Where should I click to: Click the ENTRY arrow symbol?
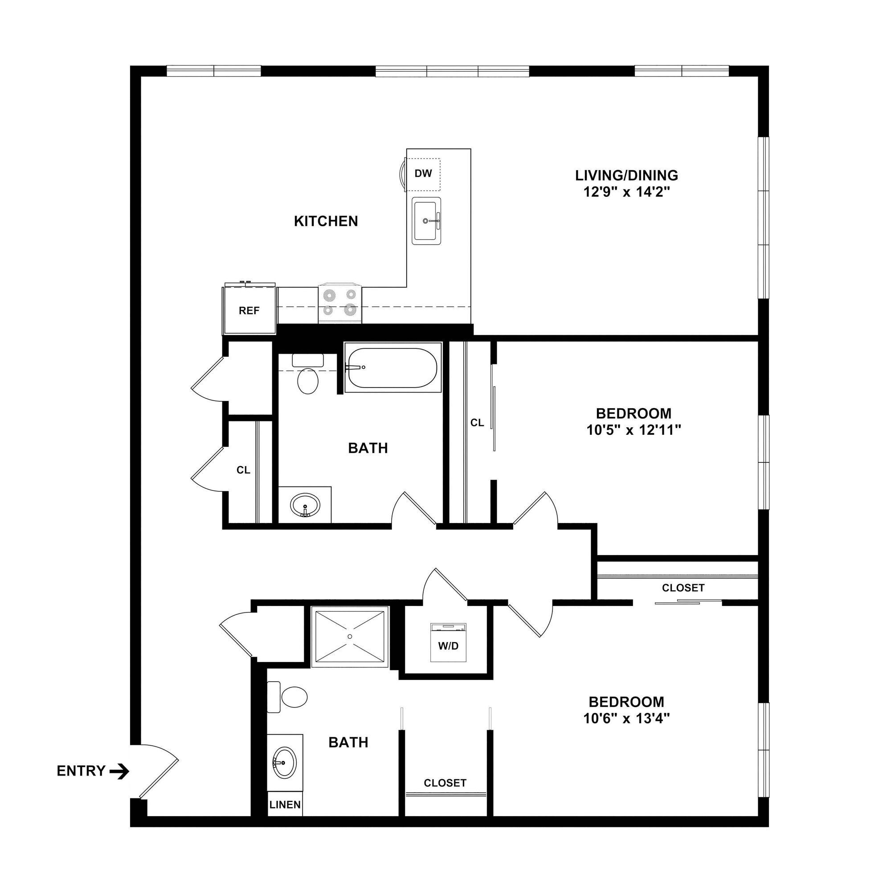point(119,771)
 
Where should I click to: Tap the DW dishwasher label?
point(423,173)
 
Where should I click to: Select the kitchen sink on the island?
point(427,221)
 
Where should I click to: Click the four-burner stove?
point(340,302)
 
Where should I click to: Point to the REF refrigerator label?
point(249,311)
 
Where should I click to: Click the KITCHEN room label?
point(326,221)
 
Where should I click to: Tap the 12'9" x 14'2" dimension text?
point(626,192)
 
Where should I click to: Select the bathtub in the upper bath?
point(391,368)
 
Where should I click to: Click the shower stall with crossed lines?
point(349,637)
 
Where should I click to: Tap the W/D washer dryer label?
point(448,646)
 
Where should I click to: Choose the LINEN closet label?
point(285,805)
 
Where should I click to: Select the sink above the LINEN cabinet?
point(285,762)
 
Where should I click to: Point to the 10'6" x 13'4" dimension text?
point(626,719)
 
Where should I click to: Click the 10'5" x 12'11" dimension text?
point(634,430)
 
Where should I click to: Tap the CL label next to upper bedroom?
point(477,422)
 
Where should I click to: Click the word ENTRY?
point(81,771)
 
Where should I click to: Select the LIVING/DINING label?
point(626,175)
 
